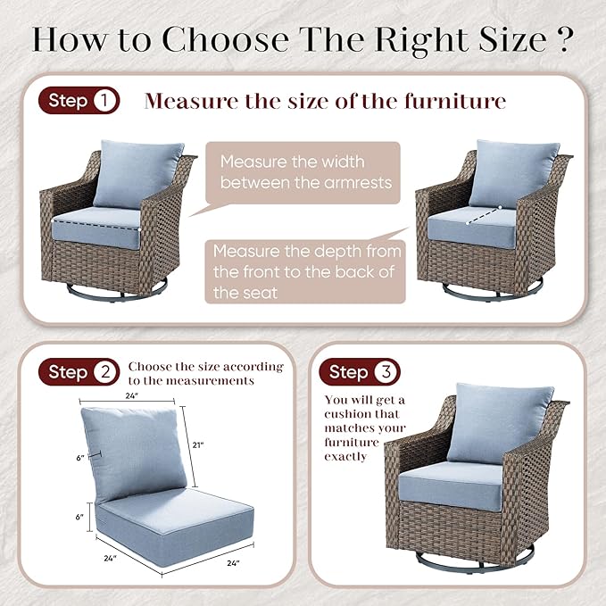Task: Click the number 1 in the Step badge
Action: click(104, 101)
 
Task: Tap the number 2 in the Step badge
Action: click(105, 372)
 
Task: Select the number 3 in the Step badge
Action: click(386, 372)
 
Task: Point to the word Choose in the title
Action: click(225, 39)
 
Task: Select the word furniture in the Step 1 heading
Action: click(455, 101)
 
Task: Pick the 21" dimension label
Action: click(198, 445)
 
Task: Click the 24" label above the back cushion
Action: click(131, 395)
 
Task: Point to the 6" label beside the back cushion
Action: click(80, 458)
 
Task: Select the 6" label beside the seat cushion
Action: click(79, 517)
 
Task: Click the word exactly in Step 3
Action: click(345, 457)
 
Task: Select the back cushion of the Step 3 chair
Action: click(499, 424)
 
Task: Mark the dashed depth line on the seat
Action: click(484, 215)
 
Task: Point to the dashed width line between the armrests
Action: click(95, 225)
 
